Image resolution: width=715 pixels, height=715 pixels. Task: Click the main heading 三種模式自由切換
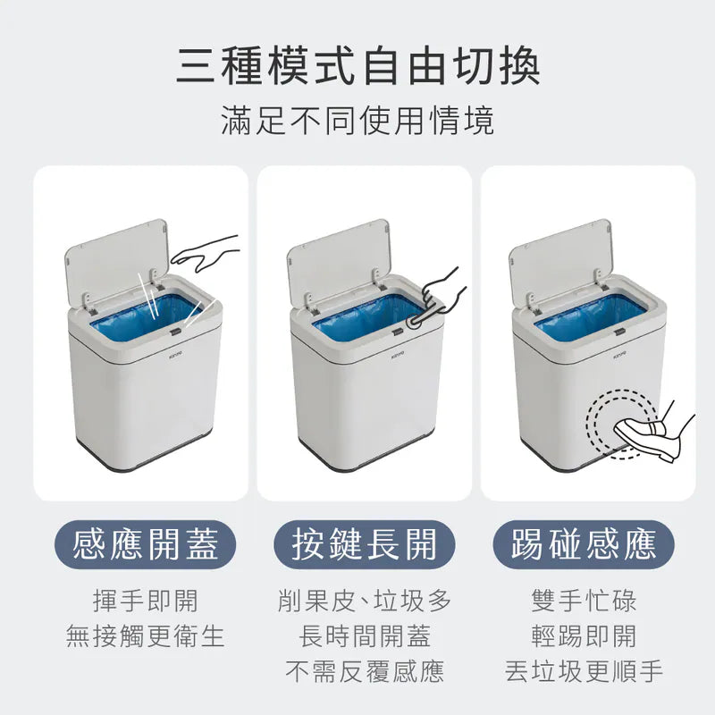(x=358, y=66)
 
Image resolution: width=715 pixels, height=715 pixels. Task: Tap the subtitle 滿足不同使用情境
(x=357, y=121)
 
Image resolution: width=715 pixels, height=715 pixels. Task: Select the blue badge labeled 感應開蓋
(x=145, y=544)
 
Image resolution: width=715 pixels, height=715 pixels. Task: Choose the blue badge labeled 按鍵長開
(x=365, y=544)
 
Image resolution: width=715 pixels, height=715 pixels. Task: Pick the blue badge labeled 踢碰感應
(x=584, y=544)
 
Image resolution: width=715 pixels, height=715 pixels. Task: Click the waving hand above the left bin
(x=206, y=253)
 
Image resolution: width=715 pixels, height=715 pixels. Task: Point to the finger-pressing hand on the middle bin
(x=438, y=299)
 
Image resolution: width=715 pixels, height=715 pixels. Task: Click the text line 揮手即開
(x=146, y=601)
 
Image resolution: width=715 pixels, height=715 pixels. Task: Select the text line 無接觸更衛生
(x=146, y=636)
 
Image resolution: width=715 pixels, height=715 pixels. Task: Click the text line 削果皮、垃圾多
(x=365, y=601)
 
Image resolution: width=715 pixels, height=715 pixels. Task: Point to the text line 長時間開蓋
(x=365, y=636)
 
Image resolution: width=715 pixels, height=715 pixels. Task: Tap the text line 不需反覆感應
(x=365, y=672)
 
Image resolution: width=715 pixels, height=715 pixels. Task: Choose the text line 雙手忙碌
(x=584, y=601)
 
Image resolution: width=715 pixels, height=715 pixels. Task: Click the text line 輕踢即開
(x=584, y=636)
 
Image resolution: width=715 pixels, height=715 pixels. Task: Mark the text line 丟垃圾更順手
(x=584, y=672)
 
